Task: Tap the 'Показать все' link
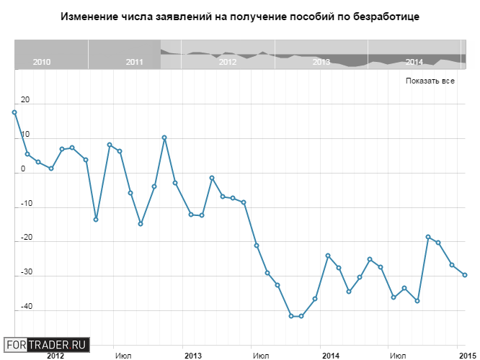tap(430, 81)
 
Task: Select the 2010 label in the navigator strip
tap(42, 63)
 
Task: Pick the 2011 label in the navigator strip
tap(134, 63)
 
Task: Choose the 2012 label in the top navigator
tap(228, 63)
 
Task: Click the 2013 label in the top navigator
tap(321, 63)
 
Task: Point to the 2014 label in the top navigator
tap(414, 63)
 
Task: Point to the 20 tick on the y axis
tap(25, 101)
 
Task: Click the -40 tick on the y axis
tap(26, 305)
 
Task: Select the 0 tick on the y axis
tap(23, 169)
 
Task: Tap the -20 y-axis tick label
tap(26, 237)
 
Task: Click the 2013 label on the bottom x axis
tap(192, 356)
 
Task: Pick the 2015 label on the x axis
tap(466, 356)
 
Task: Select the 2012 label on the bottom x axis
tap(55, 356)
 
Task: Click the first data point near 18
tap(14, 112)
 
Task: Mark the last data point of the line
tap(465, 275)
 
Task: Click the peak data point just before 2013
tap(164, 138)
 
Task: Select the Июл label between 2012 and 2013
tap(123, 356)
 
